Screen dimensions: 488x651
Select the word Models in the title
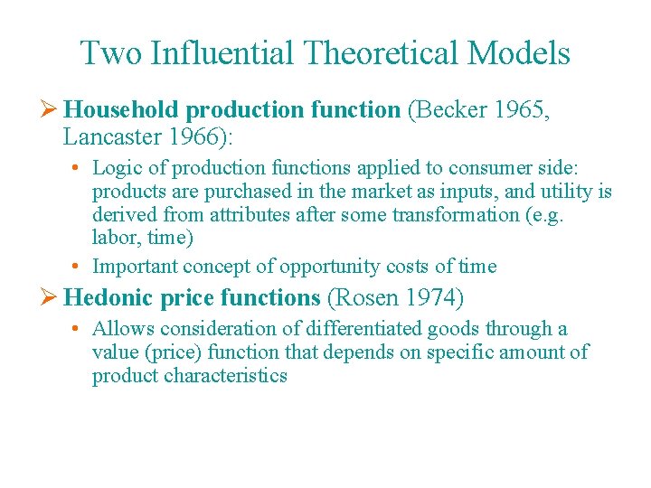(x=519, y=53)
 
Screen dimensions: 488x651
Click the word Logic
(x=115, y=168)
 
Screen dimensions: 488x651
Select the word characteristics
(x=226, y=376)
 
